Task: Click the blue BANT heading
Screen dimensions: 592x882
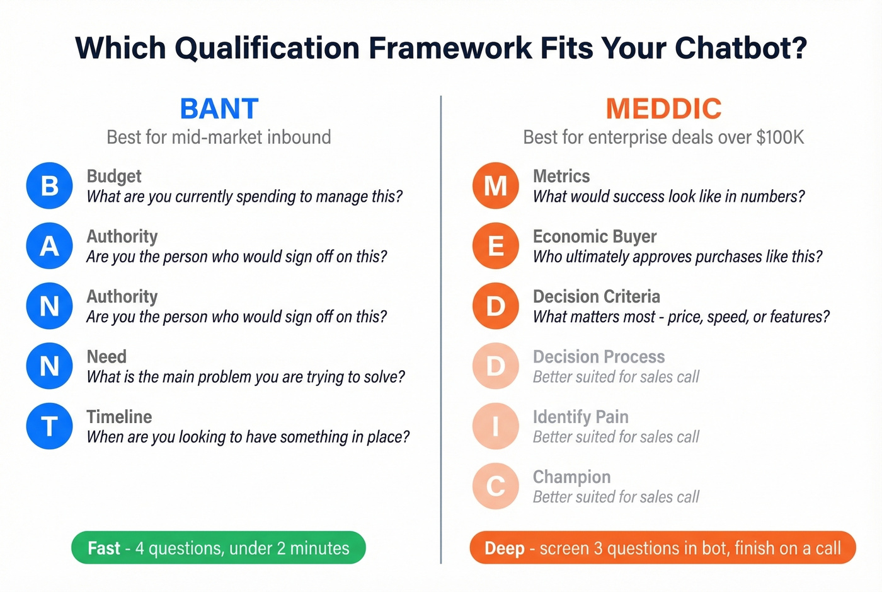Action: pyautogui.click(x=219, y=109)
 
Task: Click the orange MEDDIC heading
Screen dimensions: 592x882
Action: pyautogui.click(x=663, y=109)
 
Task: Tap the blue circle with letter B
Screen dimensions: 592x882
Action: pyautogui.click(x=50, y=186)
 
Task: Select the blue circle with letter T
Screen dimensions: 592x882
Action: pyautogui.click(x=50, y=426)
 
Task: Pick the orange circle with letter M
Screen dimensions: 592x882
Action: pyautogui.click(x=496, y=186)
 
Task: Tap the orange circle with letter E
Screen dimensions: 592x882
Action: pyautogui.click(x=496, y=246)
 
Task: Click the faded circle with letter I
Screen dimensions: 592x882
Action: pyautogui.click(x=496, y=426)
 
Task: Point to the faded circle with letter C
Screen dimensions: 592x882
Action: pyautogui.click(x=496, y=486)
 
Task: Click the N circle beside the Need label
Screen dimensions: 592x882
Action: pyautogui.click(x=50, y=366)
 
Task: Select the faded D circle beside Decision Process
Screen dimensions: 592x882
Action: pyautogui.click(x=496, y=366)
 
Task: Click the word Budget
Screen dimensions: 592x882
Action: pyautogui.click(x=114, y=177)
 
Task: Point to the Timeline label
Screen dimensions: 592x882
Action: pyautogui.click(x=119, y=417)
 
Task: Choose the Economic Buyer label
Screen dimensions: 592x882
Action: pyautogui.click(x=594, y=236)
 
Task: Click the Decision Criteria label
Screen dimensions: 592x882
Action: pyautogui.click(x=596, y=296)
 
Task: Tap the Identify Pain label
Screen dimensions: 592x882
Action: pyautogui.click(x=580, y=417)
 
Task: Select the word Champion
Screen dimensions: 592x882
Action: pyautogui.click(x=571, y=477)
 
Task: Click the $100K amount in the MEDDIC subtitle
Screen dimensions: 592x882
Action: pyautogui.click(x=780, y=137)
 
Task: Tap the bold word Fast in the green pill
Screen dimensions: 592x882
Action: pyautogui.click(x=104, y=548)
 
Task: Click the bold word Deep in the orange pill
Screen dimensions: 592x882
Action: pyautogui.click(x=504, y=548)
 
